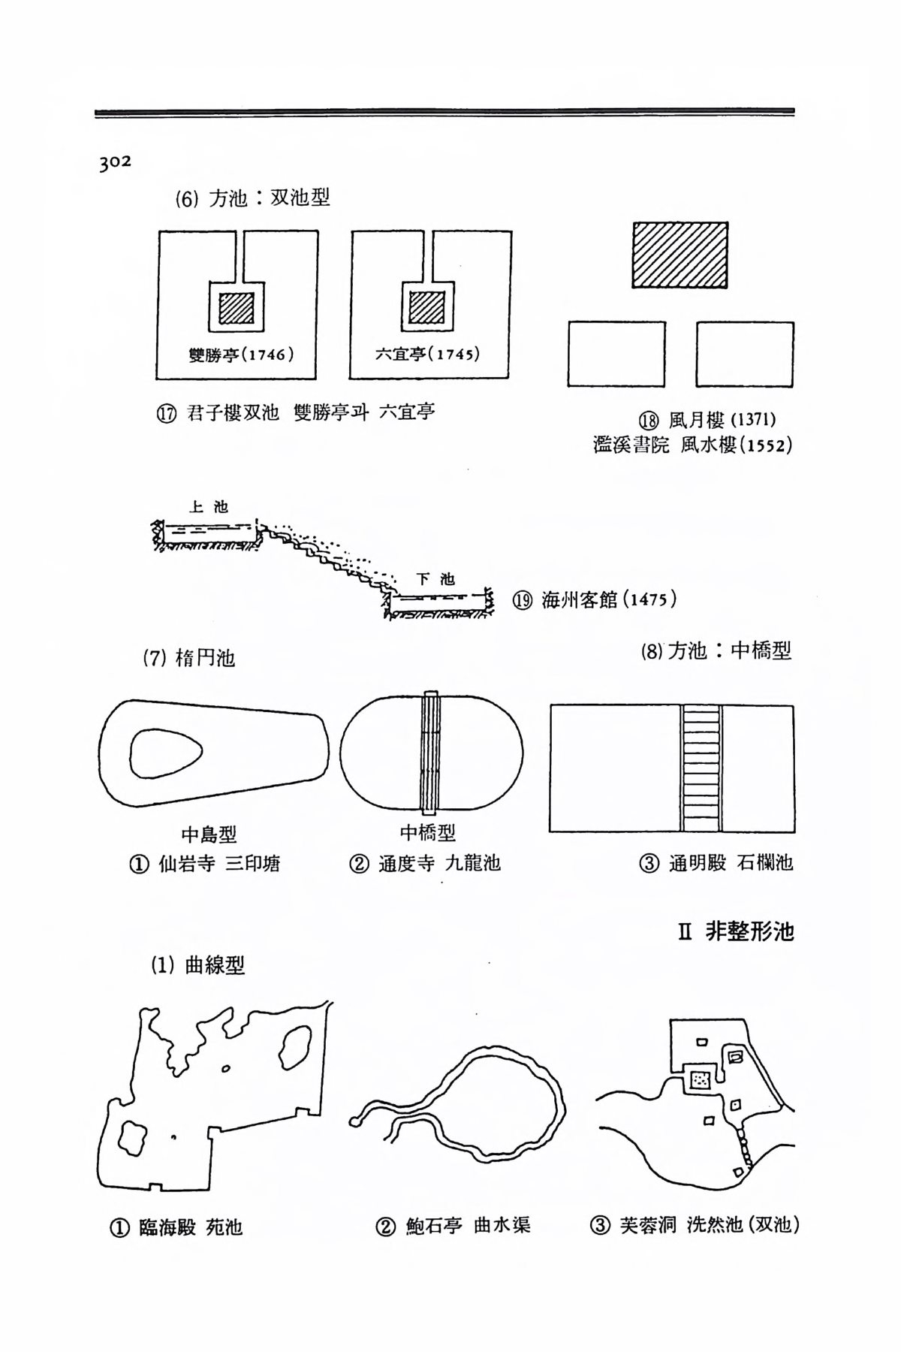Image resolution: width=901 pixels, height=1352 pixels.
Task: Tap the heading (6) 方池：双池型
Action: [252, 198]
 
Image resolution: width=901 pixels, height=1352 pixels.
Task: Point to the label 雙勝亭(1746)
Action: [240, 354]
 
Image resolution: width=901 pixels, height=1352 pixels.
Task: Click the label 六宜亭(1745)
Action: [427, 354]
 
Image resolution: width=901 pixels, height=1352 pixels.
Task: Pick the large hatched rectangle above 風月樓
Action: [680, 256]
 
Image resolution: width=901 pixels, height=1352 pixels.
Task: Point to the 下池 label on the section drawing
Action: [436, 579]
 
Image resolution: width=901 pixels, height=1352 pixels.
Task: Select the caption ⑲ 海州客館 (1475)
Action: [595, 601]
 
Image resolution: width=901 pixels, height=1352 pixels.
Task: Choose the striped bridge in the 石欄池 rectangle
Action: [701, 768]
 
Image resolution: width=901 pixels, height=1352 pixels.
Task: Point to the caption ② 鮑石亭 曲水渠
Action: [453, 1226]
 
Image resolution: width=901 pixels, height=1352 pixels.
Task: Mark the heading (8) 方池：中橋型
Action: [716, 650]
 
